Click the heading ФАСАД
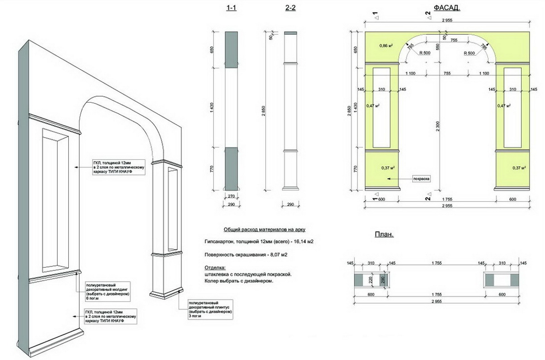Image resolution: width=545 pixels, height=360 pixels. click(x=447, y=8)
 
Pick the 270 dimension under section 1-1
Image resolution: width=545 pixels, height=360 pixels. click(x=231, y=196)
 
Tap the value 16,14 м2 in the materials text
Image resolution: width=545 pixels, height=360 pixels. click(x=304, y=242)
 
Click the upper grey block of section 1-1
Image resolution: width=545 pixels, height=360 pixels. click(x=231, y=49)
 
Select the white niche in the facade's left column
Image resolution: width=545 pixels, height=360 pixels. click(x=382, y=108)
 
